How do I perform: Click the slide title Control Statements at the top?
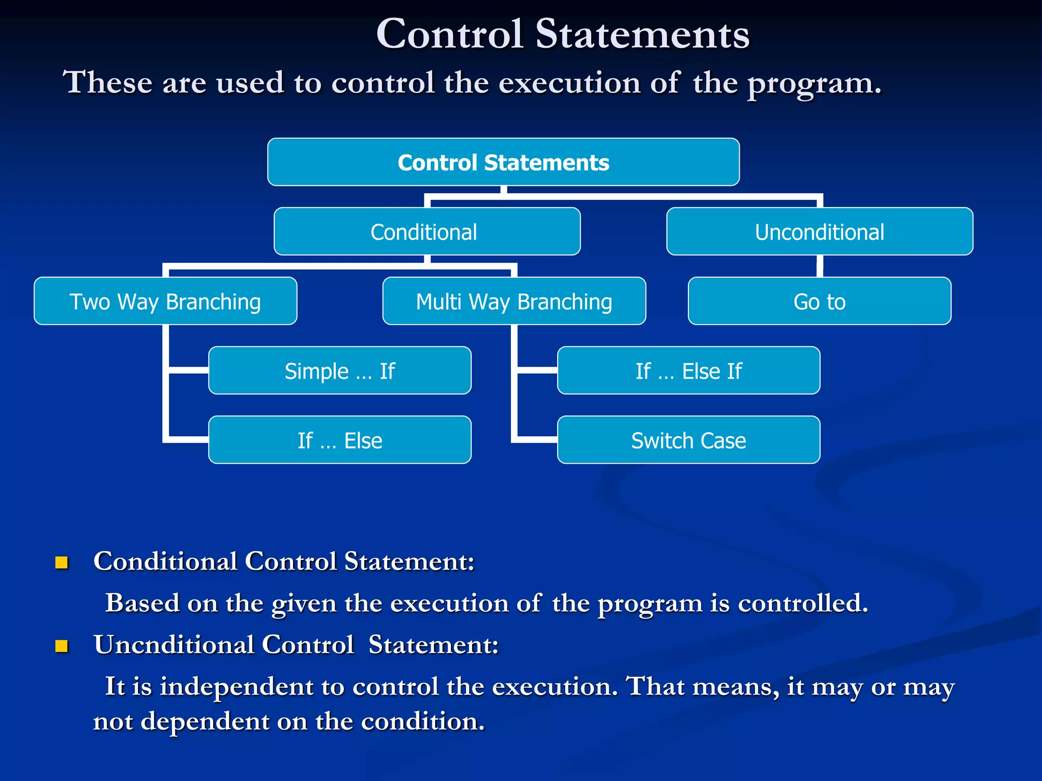(x=562, y=34)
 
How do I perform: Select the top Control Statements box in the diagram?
(x=503, y=162)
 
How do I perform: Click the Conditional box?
(x=426, y=232)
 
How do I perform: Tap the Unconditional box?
(x=819, y=232)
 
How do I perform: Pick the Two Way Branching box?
(x=165, y=301)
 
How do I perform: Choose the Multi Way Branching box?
(x=514, y=301)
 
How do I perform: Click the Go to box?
(x=819, y=301)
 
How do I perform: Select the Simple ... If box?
(x=339, y=371)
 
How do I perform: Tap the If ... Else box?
(x=339, y=440)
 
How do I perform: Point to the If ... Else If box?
(x=688, y=371)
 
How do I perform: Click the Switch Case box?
(x=688, y=440)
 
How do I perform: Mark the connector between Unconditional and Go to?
(x=820, y=266)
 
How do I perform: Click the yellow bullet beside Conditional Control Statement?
(x=62, y=562)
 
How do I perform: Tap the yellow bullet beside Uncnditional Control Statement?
(x=62, y=646)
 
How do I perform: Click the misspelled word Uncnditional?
(x=173, y=645)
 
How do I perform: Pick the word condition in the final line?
(x=422, y=722)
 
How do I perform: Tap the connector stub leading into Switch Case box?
(x=537, y=439)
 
